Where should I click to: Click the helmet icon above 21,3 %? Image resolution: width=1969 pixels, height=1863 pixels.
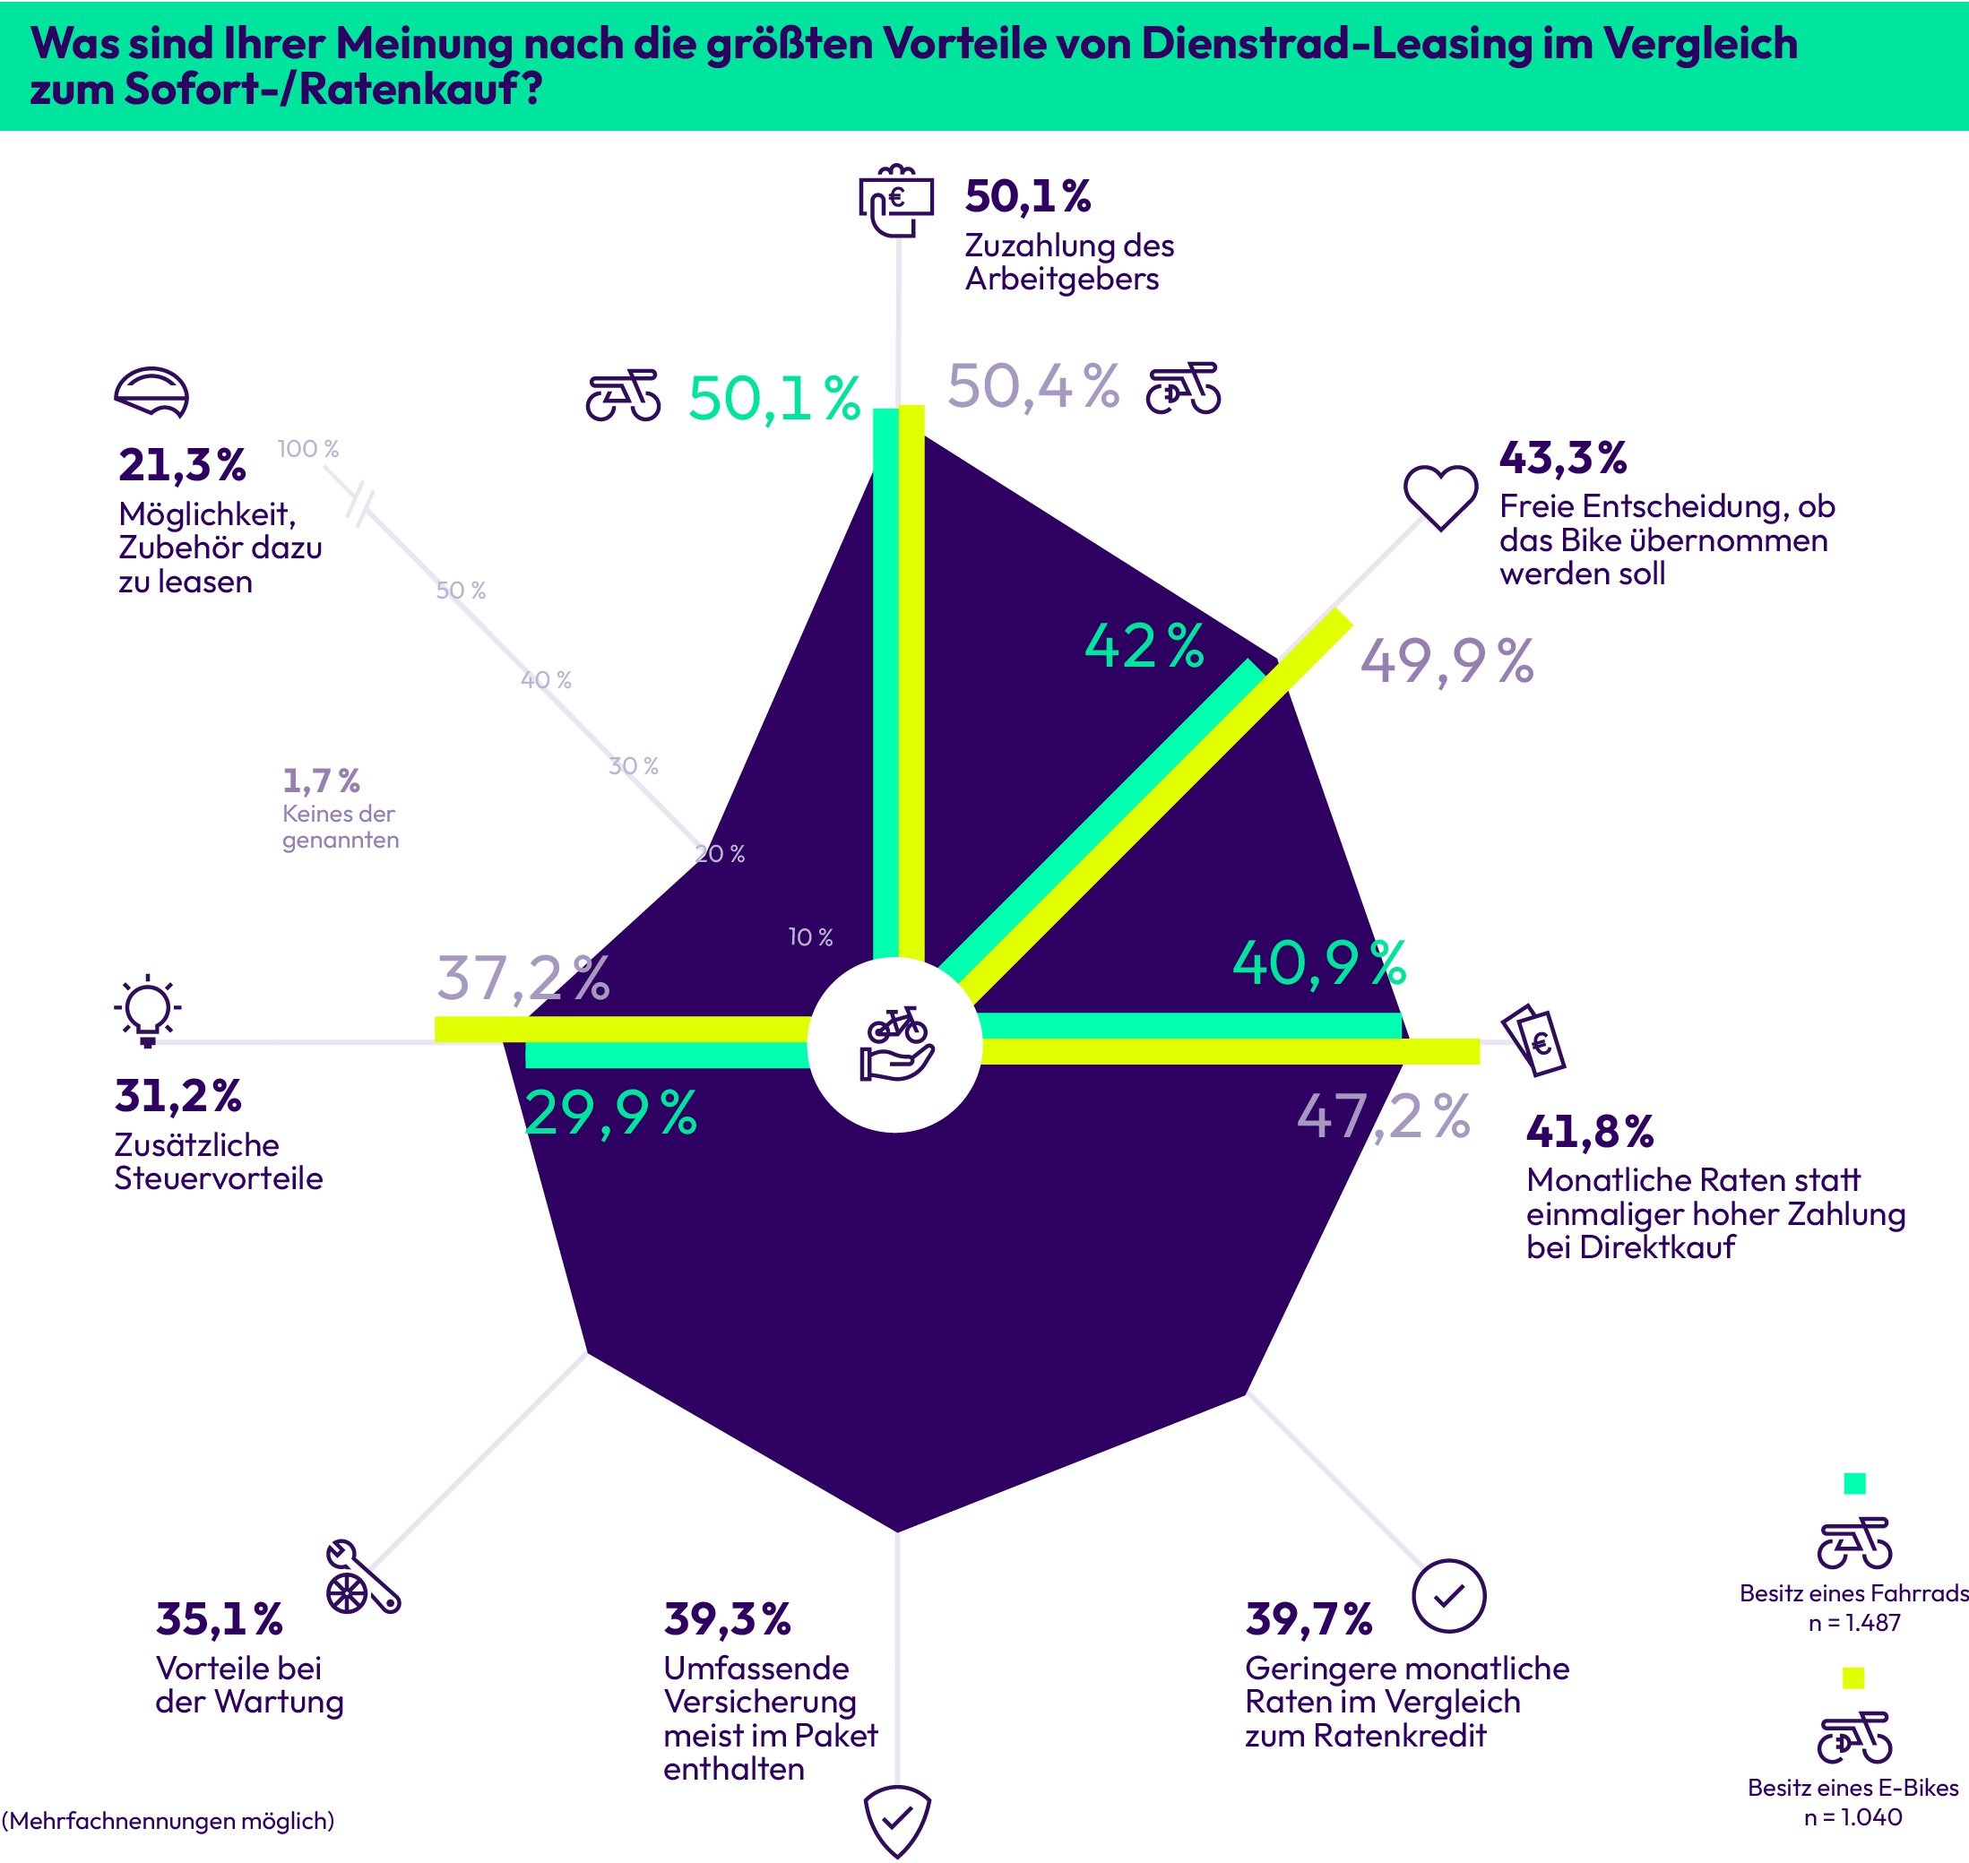151,393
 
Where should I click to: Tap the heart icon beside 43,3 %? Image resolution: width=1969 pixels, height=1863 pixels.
1439,496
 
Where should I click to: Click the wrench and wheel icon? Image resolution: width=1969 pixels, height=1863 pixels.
362,1577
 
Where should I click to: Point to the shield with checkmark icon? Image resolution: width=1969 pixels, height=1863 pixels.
896,1820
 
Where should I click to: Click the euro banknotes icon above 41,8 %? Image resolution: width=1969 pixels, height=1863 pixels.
1534,1039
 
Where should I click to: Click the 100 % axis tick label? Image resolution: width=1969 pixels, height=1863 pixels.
307,449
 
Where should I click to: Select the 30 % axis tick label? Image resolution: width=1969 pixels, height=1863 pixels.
634,765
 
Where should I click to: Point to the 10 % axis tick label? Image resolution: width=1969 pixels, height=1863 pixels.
810,936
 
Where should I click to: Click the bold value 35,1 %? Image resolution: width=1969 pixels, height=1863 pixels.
220,1619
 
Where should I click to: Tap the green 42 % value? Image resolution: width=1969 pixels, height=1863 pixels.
1144,646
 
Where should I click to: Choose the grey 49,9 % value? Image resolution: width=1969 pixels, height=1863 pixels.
1447,661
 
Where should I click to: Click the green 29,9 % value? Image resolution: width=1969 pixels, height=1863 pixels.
610,1112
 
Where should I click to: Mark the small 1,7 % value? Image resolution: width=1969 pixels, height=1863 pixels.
321,781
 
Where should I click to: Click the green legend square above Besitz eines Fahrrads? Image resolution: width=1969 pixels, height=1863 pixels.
1853,1483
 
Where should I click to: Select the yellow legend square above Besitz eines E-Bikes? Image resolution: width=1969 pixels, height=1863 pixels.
1852,1678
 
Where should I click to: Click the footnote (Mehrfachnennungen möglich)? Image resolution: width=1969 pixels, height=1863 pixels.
168,1820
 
